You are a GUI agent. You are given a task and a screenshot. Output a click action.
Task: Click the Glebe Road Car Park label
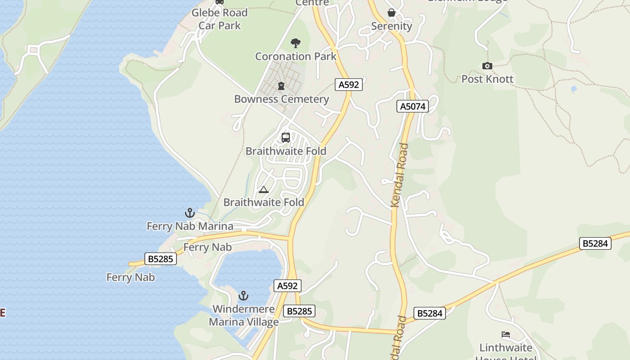coord(220,19)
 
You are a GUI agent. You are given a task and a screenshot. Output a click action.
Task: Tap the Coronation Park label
coord(296,56)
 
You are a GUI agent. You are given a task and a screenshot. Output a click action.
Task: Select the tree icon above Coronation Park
coord(296,43)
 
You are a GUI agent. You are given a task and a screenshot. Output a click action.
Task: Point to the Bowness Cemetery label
coord(282,99)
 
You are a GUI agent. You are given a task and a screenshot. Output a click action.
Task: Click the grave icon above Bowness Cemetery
coord(281,85)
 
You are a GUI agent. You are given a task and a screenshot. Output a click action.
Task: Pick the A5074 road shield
coord(413,106)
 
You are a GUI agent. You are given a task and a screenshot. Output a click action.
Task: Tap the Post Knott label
coord(487,79)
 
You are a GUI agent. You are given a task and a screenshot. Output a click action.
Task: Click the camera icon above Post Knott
coord(487,66)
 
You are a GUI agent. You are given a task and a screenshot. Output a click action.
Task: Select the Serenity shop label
coord(391,26)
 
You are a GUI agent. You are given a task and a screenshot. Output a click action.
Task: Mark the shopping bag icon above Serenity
coord(391,13)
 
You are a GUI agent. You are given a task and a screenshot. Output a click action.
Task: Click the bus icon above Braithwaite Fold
coord(286,138)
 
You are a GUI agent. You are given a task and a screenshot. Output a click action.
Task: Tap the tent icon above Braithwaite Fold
coord(264,189)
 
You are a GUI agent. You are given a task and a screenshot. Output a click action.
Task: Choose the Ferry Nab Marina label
coord(190,226)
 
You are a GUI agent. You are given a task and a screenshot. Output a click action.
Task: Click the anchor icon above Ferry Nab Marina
coord(190,213)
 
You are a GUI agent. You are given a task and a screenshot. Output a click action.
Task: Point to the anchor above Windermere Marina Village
coord(243,296)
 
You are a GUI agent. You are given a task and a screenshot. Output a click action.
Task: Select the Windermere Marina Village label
coord(243,315)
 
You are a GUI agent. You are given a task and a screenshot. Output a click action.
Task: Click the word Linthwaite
coord(506,348)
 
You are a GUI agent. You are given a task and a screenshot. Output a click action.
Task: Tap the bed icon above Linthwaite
coord(506,334)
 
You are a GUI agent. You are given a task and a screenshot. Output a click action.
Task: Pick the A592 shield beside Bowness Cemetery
coord(349,84)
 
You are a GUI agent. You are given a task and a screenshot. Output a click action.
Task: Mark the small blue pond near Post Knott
coord(574,89)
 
